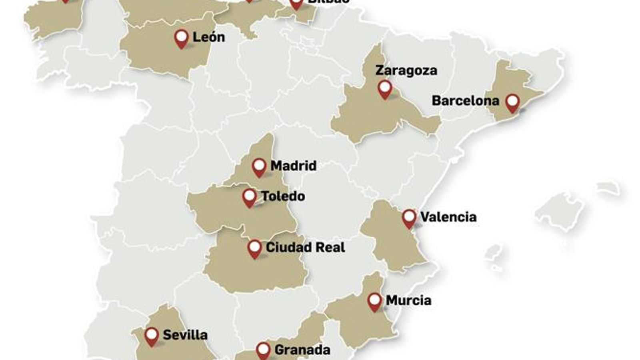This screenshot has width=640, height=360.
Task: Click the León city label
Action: point(209,37)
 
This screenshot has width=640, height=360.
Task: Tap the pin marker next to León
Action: point(182,38)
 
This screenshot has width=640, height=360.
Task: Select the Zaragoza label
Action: point(406,70)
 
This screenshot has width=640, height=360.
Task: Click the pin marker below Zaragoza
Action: point(385,88)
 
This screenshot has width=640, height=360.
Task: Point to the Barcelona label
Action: point(465,100)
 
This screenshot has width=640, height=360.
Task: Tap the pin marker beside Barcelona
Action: point(512,102)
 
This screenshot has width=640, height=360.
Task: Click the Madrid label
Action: point(293,166)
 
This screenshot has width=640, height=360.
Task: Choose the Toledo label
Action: point(283,196)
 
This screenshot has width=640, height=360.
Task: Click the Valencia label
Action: point(448,217)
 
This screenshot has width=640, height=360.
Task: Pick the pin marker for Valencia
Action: point(409,218)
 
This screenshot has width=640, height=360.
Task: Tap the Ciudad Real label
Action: point(305,247)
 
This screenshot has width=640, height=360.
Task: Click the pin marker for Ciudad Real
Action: point(255,248)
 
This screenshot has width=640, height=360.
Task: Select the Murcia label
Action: point(408,300)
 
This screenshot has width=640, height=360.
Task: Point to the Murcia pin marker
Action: point(375,301)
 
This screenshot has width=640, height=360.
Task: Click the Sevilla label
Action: point(185,335)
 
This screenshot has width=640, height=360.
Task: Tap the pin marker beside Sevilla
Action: point(152,336)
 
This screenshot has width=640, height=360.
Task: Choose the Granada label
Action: point(302,350)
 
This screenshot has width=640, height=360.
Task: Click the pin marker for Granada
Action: point(263,350)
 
